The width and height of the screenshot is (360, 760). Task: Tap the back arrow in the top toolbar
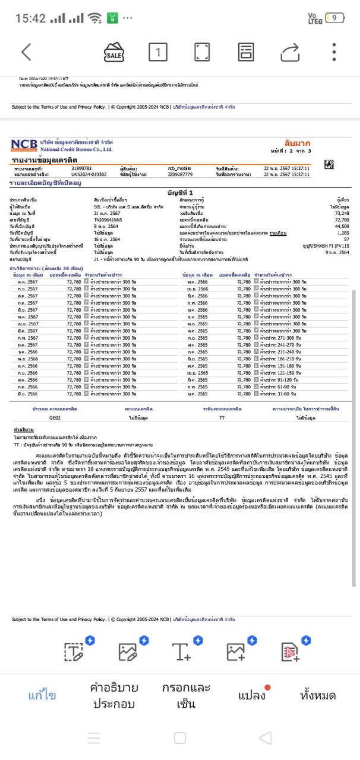coord(26,52)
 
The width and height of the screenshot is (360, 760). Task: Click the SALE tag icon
coord(114,52)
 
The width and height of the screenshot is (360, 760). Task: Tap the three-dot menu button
coord(335,52)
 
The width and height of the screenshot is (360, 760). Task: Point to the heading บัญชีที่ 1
coord(182,193)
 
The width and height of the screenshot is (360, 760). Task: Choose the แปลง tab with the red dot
coord(251,695)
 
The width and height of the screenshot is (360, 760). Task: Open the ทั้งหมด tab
coord(318,695)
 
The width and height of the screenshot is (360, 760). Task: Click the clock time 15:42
coord(30,18)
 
